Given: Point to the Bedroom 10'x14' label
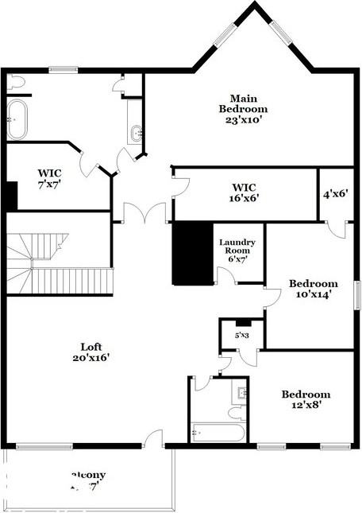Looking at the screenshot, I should [313, 288].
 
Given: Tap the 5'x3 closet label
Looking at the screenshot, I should [242, 335].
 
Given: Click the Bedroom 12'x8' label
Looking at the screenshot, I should [306, 399].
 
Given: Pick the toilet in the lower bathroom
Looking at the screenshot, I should [236, 412].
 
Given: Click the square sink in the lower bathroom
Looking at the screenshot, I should [241, 391].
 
